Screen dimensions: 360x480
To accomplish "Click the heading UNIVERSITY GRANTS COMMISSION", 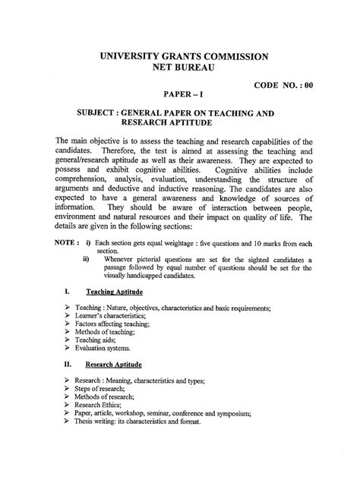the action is pos(179,56).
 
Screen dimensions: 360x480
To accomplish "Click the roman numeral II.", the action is pos(68,363).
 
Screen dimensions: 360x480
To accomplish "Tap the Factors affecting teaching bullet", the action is pos(114,323).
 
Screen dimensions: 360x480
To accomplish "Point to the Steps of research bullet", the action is pos(100,388).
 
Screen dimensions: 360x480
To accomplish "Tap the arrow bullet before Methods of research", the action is pos(68,397).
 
